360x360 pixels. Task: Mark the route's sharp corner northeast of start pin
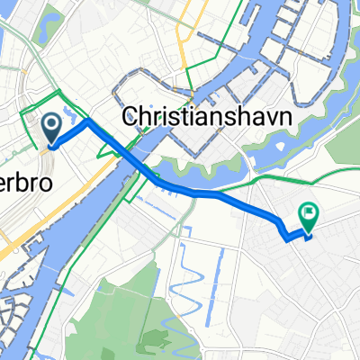(x=86, y=121)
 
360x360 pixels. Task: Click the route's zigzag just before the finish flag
(x=288, y=236)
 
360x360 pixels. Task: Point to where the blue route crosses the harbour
(x=135, y=162)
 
